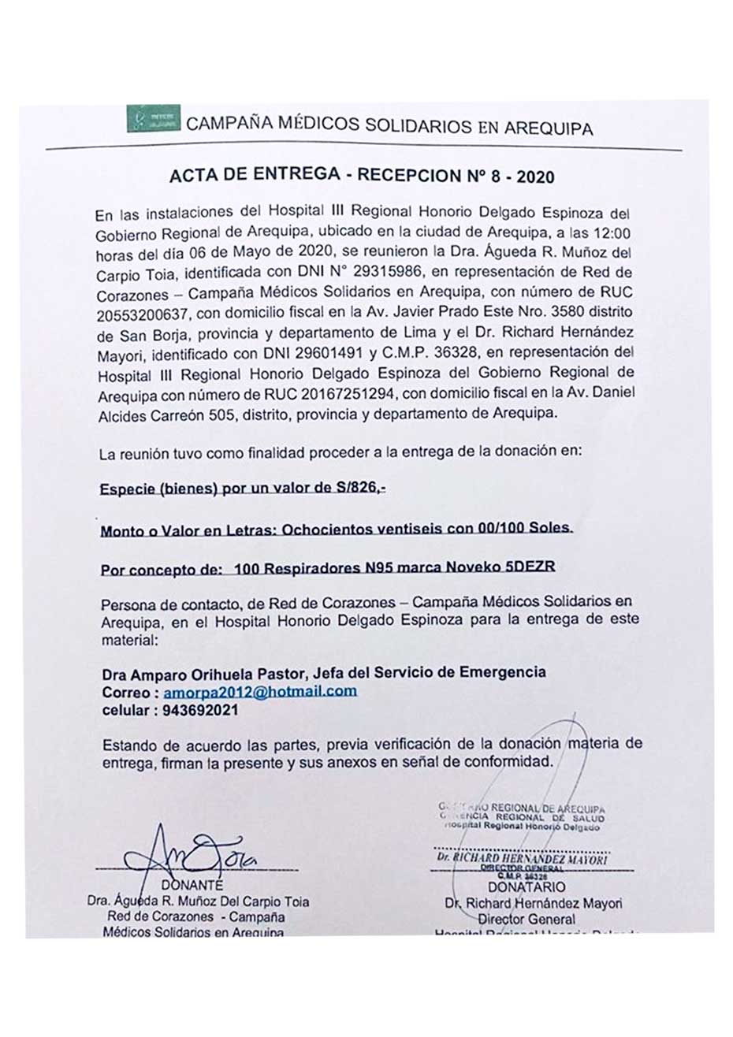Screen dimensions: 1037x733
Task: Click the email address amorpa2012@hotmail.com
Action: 260,692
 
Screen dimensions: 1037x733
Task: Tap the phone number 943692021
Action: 201,710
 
